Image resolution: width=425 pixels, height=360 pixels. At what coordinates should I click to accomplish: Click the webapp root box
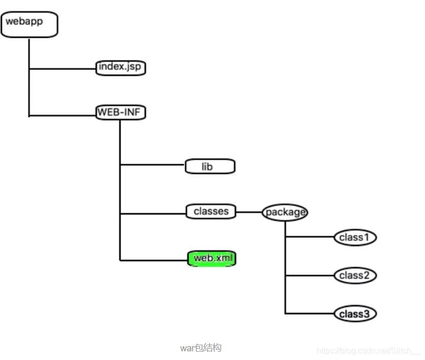[x=29, y=25]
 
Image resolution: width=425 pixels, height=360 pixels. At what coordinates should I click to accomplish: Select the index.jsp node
[x=121, y=67]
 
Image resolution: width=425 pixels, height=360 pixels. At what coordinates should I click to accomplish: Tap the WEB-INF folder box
[x=121, y=112]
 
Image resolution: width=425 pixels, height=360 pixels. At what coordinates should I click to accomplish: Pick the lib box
[x=210, y=166]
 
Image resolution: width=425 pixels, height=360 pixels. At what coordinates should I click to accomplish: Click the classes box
[x=211, y=211]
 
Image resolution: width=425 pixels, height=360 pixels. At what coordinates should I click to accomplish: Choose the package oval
[x=285, y=212]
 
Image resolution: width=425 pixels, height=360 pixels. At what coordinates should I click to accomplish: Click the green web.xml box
[x=212, y=259]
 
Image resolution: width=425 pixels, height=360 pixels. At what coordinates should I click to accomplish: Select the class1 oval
[x=355, y=237]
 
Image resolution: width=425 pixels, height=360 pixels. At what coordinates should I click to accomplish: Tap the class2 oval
[x=355, y=276]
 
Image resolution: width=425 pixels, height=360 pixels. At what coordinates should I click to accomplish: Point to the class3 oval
[x=355, y=313]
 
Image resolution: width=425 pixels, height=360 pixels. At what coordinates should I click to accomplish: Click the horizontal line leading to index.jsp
[x=62, y=68]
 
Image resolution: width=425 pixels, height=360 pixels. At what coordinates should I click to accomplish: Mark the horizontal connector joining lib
[x=152, y=165]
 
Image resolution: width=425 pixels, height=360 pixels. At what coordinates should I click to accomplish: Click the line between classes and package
[x=249, y=212]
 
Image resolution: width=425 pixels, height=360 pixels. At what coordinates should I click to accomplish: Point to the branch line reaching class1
[x=309, y=237]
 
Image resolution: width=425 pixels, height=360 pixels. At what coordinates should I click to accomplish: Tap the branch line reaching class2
[x=309, y=276]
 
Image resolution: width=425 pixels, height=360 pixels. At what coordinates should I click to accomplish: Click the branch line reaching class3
[x=309, y=313]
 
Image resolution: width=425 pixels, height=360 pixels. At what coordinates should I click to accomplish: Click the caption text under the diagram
[x=200, y=348]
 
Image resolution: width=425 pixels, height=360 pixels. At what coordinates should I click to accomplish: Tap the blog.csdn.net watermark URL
[x=368, y=351]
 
